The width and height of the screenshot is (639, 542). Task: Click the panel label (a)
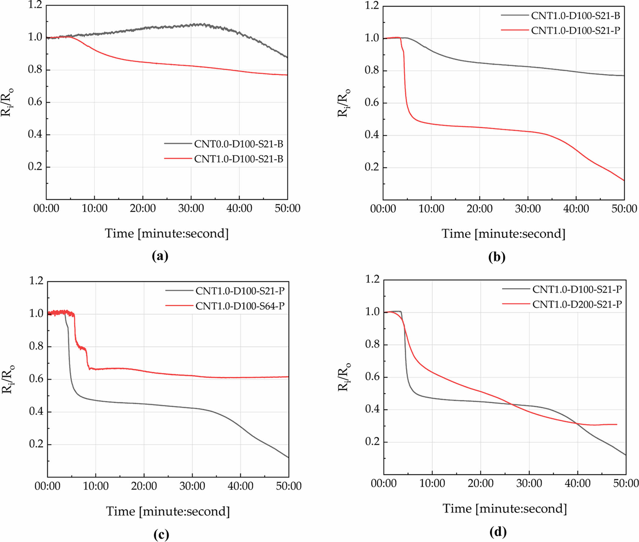click(x=160, y=256)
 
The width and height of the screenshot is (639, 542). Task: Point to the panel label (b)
click(x=497, y=257)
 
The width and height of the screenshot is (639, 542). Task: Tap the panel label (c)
click(x=161, y=535)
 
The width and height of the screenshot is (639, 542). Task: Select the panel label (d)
click(x=498, y=532)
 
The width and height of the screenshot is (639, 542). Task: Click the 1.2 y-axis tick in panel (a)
click(x=35, y=5)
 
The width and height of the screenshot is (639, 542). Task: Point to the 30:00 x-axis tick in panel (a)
click(x=191, y=209)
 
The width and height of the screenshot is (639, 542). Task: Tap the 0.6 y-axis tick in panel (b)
click(x=371, y=103)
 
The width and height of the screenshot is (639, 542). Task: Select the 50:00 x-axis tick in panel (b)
click(x=624, y=209)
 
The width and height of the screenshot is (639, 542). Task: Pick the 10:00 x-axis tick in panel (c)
click(x=96, y=486)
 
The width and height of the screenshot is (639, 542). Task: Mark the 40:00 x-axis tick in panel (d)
click(x=577, y=483)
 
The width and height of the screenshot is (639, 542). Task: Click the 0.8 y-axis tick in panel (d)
click(x=372, y=344)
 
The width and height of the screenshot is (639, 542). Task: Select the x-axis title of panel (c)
click(x=168, y=512)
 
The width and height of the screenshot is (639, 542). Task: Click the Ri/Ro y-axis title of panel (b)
click(x=344, y=103)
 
